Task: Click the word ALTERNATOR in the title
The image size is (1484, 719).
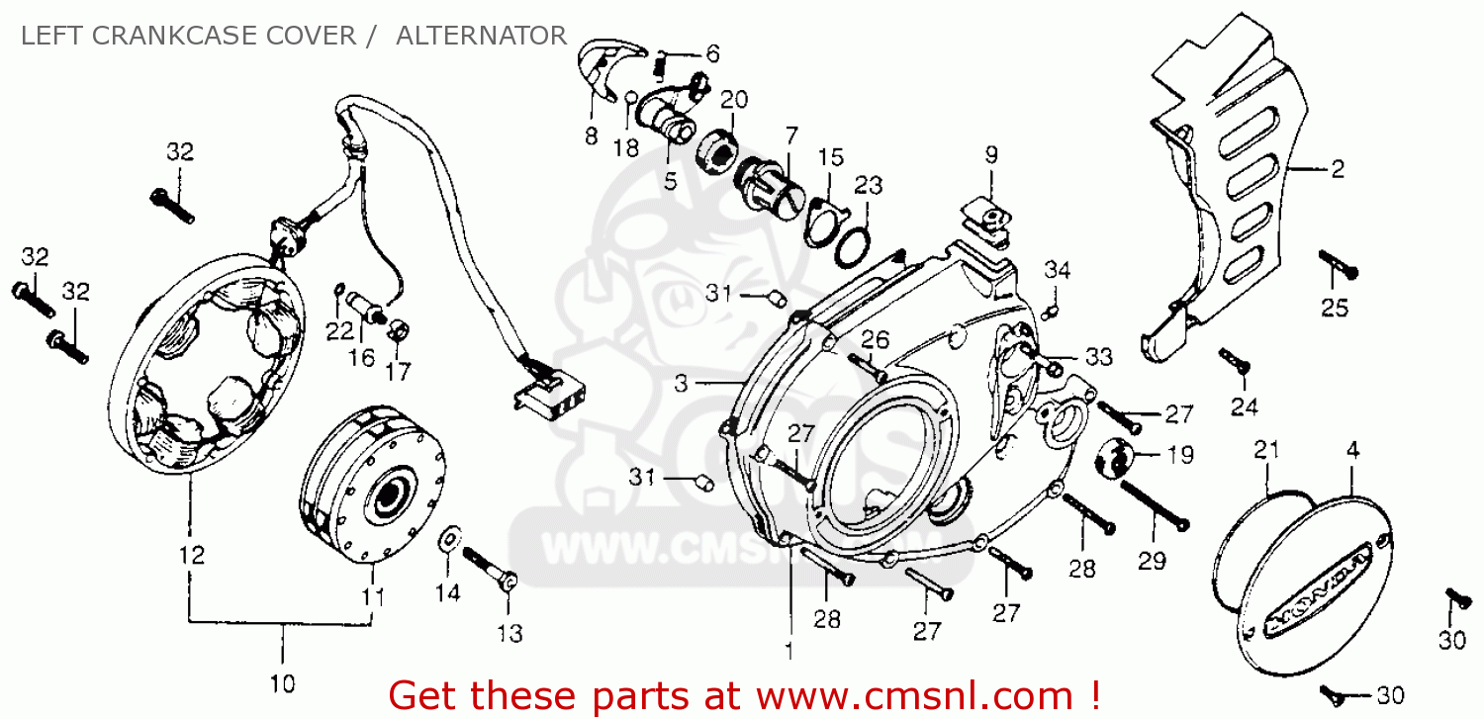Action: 481,37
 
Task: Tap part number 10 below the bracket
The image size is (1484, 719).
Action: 281,682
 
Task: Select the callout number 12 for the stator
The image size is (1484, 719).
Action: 192,555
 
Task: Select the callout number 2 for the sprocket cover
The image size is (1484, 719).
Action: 1337,170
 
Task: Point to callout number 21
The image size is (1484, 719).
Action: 1266,450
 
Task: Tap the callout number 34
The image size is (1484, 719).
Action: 1057,269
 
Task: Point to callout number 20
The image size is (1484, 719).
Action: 733,99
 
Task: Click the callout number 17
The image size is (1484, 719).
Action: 398,372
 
